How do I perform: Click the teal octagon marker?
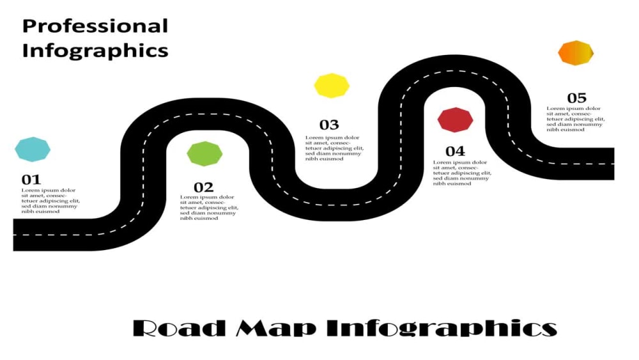coord(33,149)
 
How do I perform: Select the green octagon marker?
coord(204,153)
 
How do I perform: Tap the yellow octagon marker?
coord(332,86)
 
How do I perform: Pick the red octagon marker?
coord(455,120)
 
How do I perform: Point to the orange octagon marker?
coord(576,53)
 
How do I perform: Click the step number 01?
coord(31,180)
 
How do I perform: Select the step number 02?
coord(203,187)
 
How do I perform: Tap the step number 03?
coord(329,125)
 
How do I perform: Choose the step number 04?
coord(455,152)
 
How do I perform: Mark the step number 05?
coord(576,98)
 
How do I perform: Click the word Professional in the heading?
coord(95,26)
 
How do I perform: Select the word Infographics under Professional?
coord(95,51)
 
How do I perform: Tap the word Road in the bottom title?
coord(180,328)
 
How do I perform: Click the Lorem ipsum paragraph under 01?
coord(50,201)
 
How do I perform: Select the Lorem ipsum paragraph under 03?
coord(334,148)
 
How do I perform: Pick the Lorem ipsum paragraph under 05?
coord(576,119)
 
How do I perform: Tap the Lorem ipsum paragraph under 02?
coord(209,208)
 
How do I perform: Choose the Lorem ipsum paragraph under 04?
coord(462,173)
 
